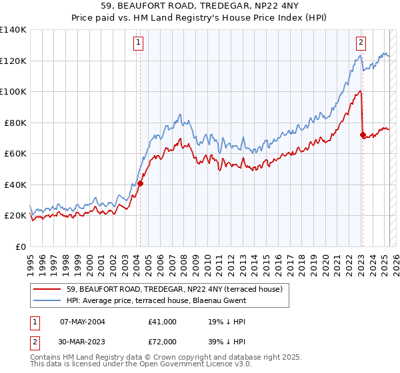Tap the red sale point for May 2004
click(141, 183)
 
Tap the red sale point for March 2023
click(363, 135)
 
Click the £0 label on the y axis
click(20, 246)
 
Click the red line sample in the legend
click(48, 289)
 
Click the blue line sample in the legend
click(48, 300)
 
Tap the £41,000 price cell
click(163, 322)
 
